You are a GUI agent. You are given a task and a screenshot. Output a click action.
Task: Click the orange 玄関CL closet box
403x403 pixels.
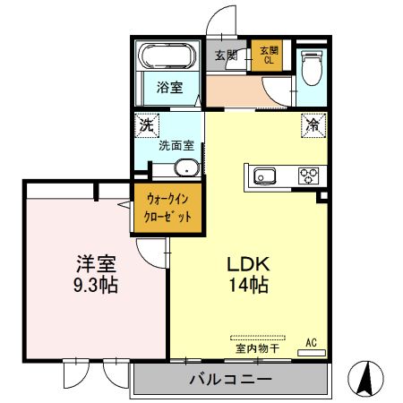[x=269, y=55]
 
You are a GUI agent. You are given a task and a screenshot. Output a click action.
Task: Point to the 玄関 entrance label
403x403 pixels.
[x=226, y=55]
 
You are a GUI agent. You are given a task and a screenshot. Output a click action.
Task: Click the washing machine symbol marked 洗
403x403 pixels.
[x=146, y=126]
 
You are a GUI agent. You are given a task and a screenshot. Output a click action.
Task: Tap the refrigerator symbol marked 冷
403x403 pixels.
[x=313, y=126]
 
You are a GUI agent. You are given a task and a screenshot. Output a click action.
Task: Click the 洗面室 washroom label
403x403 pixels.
[x=176, y=145]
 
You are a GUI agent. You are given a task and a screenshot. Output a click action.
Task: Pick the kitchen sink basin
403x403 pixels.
[x=267, y=175]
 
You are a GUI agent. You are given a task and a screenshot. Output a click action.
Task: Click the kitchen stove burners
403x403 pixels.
[x=308, y=175]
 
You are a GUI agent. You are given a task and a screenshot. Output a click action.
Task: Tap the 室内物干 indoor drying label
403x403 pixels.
[x=257, y=348]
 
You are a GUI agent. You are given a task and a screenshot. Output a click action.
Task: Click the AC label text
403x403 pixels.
[x=312, y=342]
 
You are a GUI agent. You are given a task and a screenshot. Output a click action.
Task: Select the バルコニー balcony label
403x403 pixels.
[x=230, y=381]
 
